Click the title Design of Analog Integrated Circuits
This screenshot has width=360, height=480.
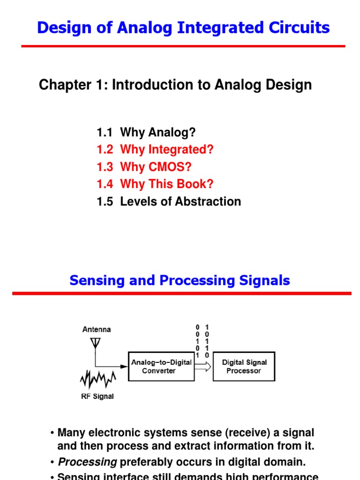click(x=183, y=28)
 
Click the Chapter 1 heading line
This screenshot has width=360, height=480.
click(x=175, y=85)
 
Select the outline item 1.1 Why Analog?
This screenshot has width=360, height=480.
click(x=146, y=132)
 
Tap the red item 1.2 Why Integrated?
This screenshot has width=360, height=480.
click(x=155, y=150)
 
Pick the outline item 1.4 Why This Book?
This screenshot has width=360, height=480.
click(x=155, y=184)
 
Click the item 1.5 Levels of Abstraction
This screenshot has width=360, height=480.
click(x=169, y=202)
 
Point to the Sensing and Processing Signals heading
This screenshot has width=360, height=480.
click(x=180, y=280)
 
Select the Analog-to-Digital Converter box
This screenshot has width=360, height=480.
click(x=161, y=367)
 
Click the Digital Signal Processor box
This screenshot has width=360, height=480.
click(x=244, y=367)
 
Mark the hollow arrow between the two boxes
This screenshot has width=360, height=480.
click(x=202, y=367)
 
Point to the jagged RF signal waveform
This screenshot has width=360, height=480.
click(x=98, y=379)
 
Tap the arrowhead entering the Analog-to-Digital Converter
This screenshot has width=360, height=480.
click(x=125, y=367)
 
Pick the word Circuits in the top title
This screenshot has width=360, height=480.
click(x=303, y=28)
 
